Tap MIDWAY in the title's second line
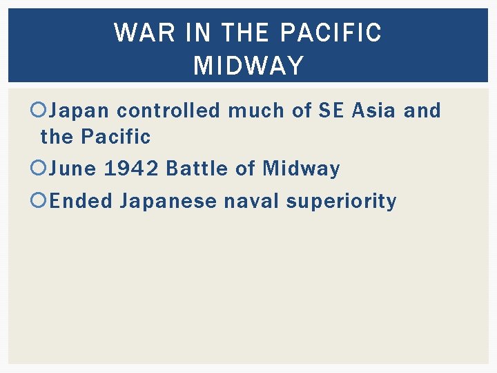click(248, 66)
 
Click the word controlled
click(169, 111)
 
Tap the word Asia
click(373, 111)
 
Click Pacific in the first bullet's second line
click(115, 137)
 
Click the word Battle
click(196, 169)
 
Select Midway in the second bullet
click(301, 169)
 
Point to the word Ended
click(81, 201)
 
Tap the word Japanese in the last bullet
click(168, 201)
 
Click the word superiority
click(341, 201)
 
